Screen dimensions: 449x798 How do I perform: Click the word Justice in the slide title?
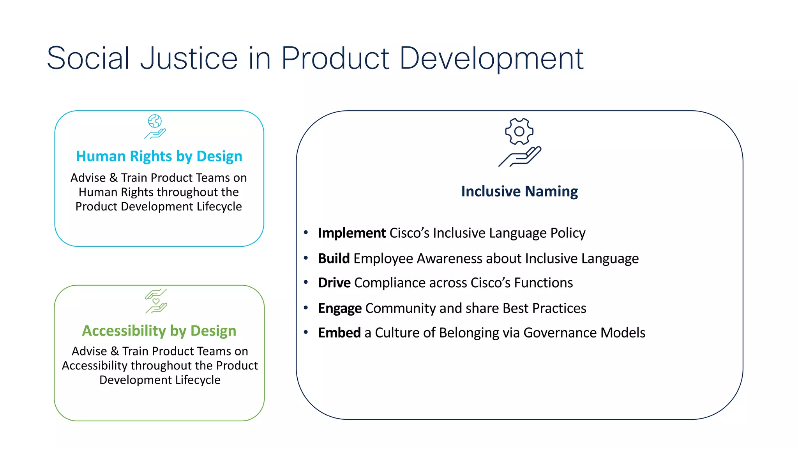(x=189, y=58)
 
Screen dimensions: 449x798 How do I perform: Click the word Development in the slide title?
(x=491, y=58)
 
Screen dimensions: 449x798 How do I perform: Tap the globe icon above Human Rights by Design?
(x=155, y=121)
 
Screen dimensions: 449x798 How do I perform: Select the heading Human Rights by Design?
(x=159, y=156)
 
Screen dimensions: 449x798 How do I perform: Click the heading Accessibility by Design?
(x=159, y=331)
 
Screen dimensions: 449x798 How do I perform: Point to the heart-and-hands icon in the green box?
(x=156, y=301)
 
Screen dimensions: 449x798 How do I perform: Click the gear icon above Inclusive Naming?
(x=519, y=131)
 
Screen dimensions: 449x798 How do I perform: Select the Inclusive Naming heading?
(x=519, y=191)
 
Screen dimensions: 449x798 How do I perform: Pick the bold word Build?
(x=334, y=258)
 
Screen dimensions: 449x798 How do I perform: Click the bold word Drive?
(x=334, y=283)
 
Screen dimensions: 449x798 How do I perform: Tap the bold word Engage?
(x=339, y=308)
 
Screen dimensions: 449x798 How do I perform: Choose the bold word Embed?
(x=339, y=333)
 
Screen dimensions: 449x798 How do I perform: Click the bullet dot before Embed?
(x=306, y=332)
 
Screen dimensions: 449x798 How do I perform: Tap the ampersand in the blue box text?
(x=113, y=178)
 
